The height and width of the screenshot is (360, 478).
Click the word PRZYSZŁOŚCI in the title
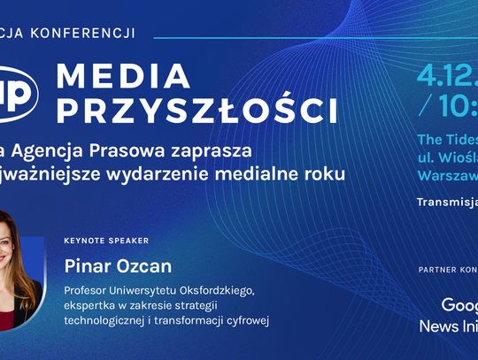(x=196, y=111)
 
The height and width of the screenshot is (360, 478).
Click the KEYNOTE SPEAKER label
(x=106, y=241)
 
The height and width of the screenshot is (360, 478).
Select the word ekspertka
(x=91, y=305)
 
